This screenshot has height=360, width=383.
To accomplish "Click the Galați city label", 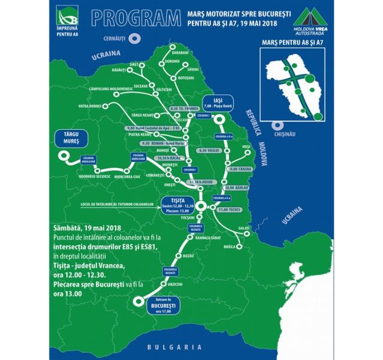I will coord(244,229).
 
